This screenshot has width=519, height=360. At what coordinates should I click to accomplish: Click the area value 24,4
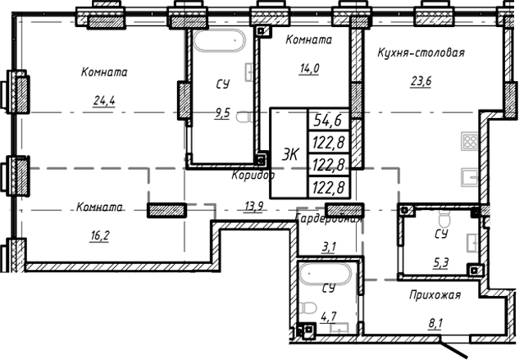[x=104, y=101]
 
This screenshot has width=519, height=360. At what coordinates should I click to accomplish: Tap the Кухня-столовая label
[x=421, y=53]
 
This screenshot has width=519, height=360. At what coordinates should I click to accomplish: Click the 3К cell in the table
[x=289, y=153]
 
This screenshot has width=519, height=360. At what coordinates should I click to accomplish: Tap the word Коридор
[x=252, y=175]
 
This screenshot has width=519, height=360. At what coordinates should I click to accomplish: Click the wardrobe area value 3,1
[x=328, y=245]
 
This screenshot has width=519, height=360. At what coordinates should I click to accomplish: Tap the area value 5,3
[x=440, y=263]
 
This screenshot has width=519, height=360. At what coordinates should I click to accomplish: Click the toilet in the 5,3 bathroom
[x=444, y=221]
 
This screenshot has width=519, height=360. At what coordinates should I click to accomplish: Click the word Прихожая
[x=436, y=294]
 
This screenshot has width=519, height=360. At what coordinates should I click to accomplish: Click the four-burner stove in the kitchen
[x=471, y=141]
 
